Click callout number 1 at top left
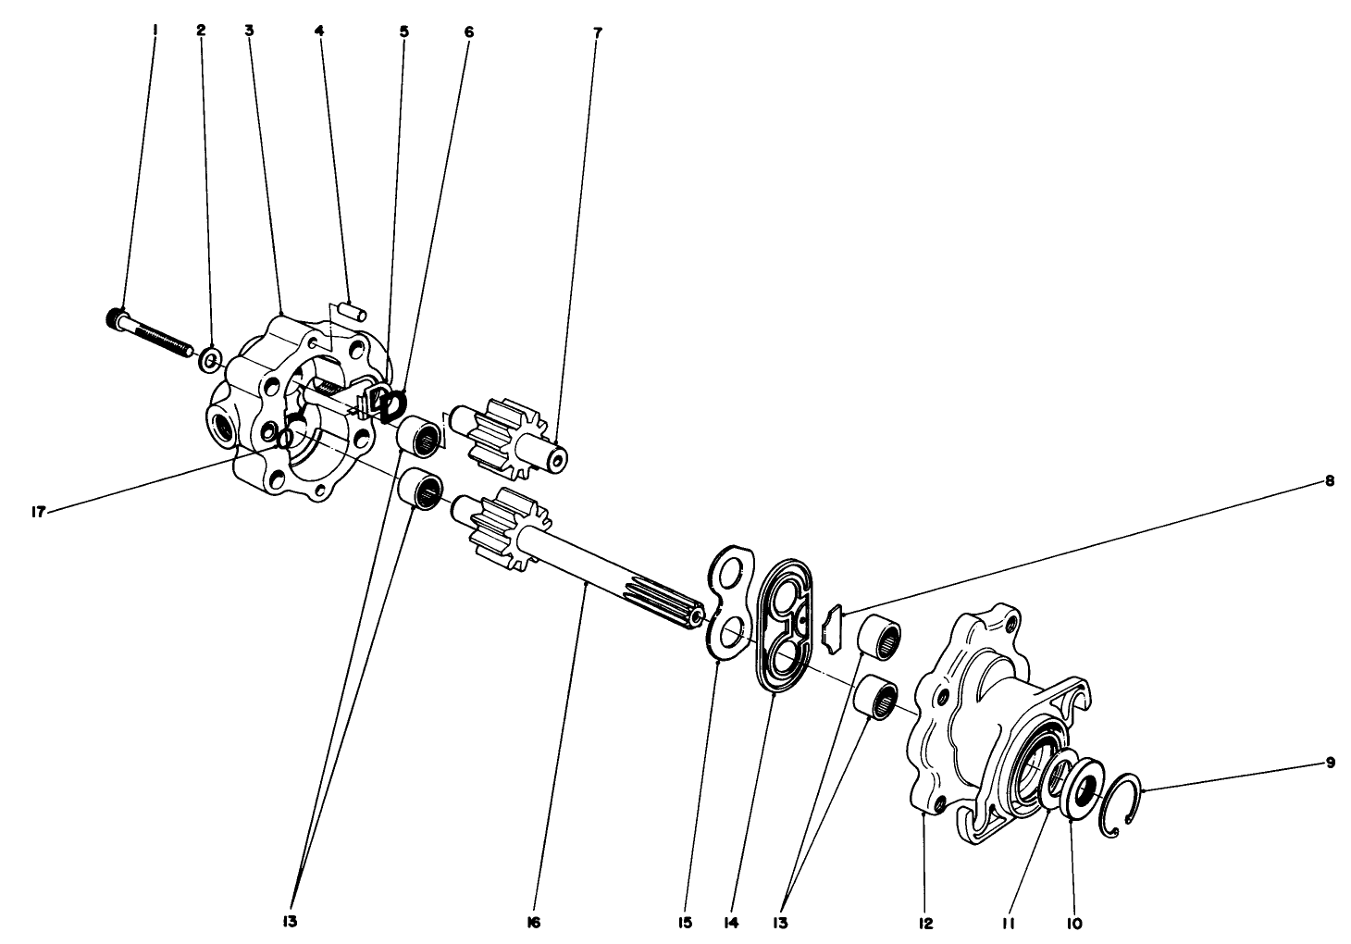(155, 30)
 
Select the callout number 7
(598, 31)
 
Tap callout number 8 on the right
(1330, 480)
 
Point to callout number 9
(1331, 763)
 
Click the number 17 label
(39, 510)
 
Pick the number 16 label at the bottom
(534, 922)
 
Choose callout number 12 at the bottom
(926, 922)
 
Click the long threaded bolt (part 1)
(153, 334)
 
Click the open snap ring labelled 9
(1122, 804)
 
